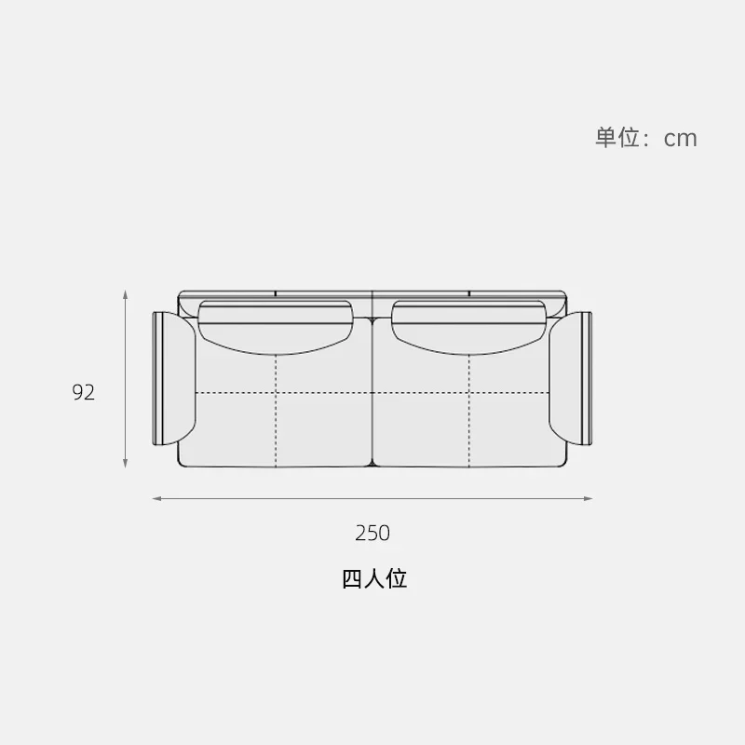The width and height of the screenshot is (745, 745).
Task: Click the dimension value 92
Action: [83, 392]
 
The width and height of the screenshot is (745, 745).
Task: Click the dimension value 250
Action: [372, 533]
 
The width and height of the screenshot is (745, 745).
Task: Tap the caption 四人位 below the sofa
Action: [374, 578]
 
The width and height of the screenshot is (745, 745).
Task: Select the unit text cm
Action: [681, 139]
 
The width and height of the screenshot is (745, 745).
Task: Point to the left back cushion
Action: [276, 327]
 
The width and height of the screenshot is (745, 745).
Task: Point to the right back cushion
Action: [469, 327]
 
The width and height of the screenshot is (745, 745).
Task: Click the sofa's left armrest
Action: [174, 378]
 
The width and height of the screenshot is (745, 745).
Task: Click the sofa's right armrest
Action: [570, 378]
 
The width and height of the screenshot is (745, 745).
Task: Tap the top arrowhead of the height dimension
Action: [126, 293]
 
